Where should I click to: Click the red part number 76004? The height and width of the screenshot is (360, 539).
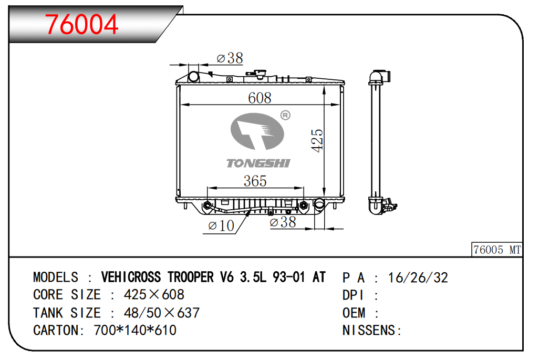81,24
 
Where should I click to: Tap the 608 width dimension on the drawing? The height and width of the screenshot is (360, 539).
260,98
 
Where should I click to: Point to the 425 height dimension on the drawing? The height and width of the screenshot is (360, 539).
317,140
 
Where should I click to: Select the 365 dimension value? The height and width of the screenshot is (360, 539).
255,181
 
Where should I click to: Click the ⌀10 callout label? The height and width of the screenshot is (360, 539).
221,225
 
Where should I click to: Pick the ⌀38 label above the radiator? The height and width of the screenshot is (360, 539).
230,58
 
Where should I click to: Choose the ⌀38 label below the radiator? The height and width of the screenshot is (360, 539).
283,222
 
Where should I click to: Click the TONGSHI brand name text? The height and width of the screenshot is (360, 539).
258,163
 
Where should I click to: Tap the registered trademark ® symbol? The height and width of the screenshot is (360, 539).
285,115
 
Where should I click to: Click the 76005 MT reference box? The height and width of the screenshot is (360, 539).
497,250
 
